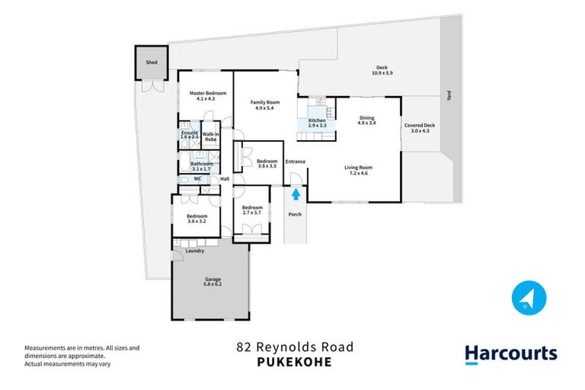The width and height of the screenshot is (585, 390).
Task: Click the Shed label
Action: [152, 63]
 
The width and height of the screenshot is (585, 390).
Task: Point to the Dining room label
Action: [367, 117]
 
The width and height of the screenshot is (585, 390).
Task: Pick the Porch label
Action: [295, 214]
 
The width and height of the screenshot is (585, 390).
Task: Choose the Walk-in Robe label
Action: [211, 137]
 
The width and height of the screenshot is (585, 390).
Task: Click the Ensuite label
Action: [189, 132]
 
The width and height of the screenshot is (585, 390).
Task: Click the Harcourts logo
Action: [511, 353]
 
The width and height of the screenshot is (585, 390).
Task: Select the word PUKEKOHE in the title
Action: [293, 362]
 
